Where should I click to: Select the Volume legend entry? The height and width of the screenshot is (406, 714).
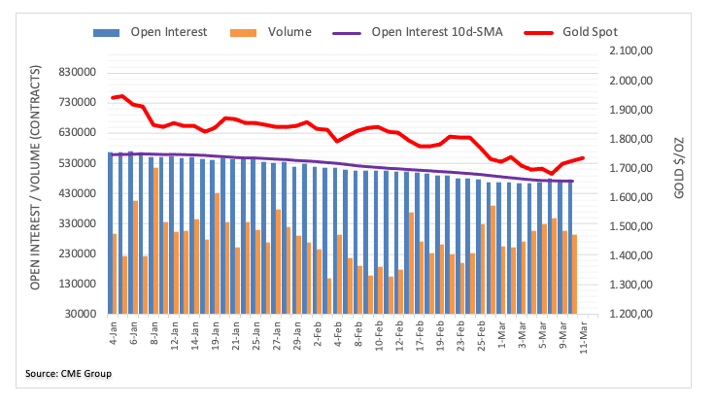pyautogui.click(x=291, y=32)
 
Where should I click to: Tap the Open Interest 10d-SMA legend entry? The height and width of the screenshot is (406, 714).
pyautogui.click(x=437, y=32)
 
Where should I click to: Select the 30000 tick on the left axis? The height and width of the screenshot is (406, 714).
pyautogui.click(x=83, y=314)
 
